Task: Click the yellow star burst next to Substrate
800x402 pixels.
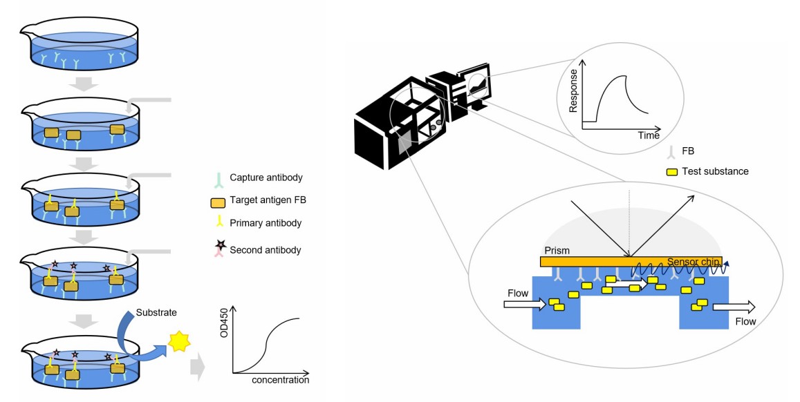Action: coord(180,341)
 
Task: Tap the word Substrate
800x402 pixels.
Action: coord(156,312)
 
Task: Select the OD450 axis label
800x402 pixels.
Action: coord(223,325)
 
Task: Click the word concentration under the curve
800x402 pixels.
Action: coord(280,380)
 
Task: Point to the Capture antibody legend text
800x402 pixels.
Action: coord(266,178)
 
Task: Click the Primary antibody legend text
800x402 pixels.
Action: coord(266,223)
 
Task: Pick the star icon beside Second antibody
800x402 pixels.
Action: coord(221,246)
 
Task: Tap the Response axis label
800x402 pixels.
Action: coord(573,90)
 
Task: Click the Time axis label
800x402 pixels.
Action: coord(649,135)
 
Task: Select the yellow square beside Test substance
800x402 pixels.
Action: coord(672,172)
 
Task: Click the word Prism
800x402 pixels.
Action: coord(557,251)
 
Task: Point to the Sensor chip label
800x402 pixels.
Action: coord(693,262)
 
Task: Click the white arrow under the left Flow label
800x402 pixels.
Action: coord(525,305)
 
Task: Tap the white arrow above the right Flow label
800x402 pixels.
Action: coord(734,307)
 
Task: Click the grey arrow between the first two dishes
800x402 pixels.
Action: coord(84,84)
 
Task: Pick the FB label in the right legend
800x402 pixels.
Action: coord(688,151)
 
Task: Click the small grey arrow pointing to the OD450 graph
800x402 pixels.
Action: coord(197,369)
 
